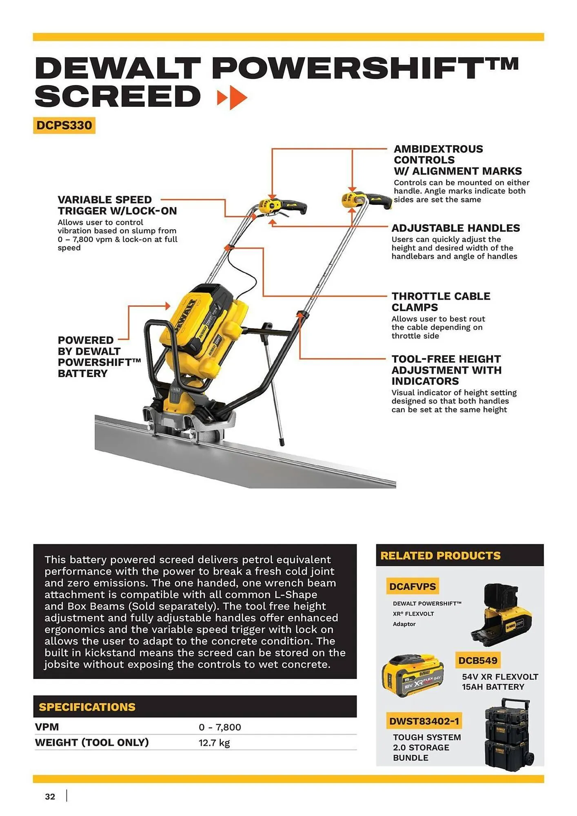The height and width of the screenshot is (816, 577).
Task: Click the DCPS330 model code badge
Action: (x=64, y=125)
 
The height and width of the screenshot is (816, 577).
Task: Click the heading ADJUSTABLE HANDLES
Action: (x=455, y=228)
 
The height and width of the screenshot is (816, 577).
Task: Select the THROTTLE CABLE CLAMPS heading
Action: (x=441, y=302)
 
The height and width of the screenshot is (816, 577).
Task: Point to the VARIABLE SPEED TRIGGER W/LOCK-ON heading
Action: (x=117, y=205)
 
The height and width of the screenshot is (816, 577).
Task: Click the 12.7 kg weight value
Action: (x=214, y=743)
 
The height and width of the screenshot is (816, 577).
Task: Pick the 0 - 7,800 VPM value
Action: (x=220, y=727)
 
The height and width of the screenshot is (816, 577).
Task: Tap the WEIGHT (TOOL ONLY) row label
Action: (x=92, y=743)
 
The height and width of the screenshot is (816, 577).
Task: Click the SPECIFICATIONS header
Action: (x=87, y=707)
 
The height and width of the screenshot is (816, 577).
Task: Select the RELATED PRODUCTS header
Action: (x=440, y=556)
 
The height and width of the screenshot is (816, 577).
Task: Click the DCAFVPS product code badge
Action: (x=412, y=586)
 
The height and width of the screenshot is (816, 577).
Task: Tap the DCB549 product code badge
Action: (x=477, y=660)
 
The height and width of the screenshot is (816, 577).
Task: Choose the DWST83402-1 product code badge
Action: (x=424, y=721)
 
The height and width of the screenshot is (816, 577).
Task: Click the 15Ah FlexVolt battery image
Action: (x=413, y=674)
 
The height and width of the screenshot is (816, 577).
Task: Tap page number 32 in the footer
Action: (x=50, y=796)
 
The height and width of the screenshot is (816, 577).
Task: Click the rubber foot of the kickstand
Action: (x=281, y=442)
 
